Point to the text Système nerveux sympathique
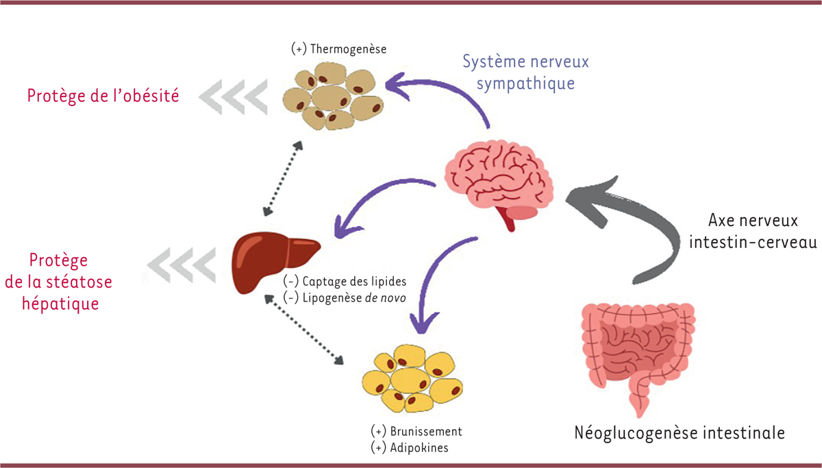[525, 72]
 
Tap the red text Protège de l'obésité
[103, 95]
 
